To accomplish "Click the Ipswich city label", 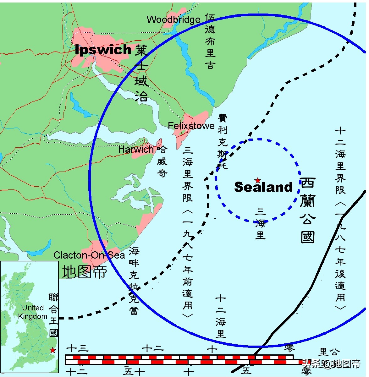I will (103, 50).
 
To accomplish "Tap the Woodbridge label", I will (173, 20).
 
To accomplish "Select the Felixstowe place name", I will (191, 126).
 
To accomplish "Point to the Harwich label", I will (136, 150).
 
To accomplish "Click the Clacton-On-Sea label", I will (89, 255).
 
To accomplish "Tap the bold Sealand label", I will (263, 187).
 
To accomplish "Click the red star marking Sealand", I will (258, 180).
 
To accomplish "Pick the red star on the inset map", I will (52, 350).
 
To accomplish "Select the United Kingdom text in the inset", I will (33, 312).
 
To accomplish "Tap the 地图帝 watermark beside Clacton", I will (84, 272).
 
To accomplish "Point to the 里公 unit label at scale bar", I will (329, 352).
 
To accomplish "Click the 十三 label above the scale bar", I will (78, 348).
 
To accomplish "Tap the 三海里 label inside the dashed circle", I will (260, 223).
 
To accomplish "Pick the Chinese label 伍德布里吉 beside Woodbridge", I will (210, 41).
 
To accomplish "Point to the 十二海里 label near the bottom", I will (221, 316).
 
